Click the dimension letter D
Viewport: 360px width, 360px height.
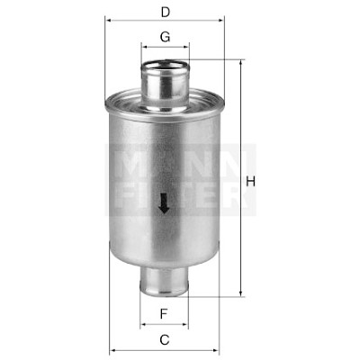pos(166,13)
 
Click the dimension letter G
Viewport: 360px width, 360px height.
pos(166,37)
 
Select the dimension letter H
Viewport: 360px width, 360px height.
pos(250,182)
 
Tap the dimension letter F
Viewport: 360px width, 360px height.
pos(164,314)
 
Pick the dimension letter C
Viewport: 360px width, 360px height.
pos(165,340)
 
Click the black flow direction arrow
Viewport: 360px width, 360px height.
pos(164,203)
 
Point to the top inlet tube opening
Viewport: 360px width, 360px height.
pos(166,66)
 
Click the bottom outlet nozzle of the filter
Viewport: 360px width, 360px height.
pos(164,281)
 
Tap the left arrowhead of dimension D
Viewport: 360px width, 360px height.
pos(109,21)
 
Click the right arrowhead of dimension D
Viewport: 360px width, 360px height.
pos(220,21)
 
